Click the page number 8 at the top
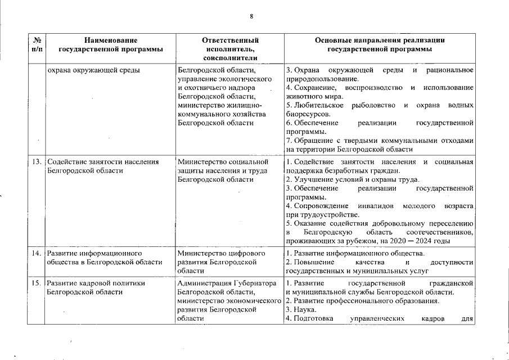pyautogui.click(x=251, y=16)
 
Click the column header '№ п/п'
pyautogui.click(x=36, y=44)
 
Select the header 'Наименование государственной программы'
pyautogui.click(x=110, y=44)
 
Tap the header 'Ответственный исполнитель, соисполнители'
pyautogui.click(x=230, y=49)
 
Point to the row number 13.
pyautogui.click(x=37, y=162)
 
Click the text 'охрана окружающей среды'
pyautogui.click(x=93, y=70)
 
